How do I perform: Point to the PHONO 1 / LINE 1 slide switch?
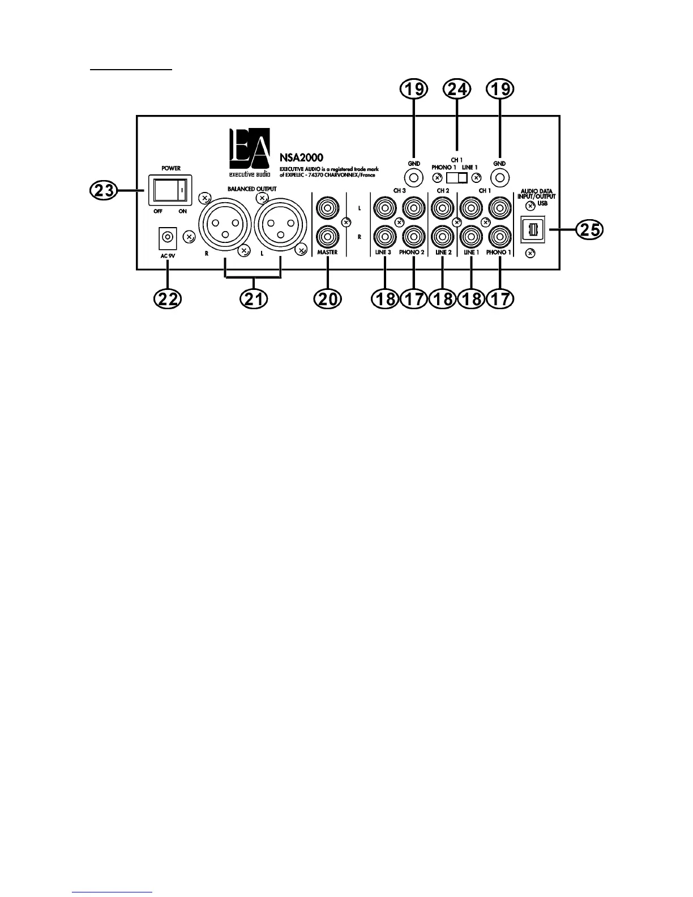coord(456,178)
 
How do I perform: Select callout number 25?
coord(589,230)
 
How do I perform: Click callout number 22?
coord(168,300)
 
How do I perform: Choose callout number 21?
coord(253,300)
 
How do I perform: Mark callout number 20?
coord(328,300)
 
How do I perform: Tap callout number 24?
coord(457,89)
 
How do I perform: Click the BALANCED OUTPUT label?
coord(252,189)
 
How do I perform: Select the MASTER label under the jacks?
coord(328,253)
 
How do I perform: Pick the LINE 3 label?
coord(383,253)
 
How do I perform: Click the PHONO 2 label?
coord(412,253)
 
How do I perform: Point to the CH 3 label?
coord(400,191)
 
